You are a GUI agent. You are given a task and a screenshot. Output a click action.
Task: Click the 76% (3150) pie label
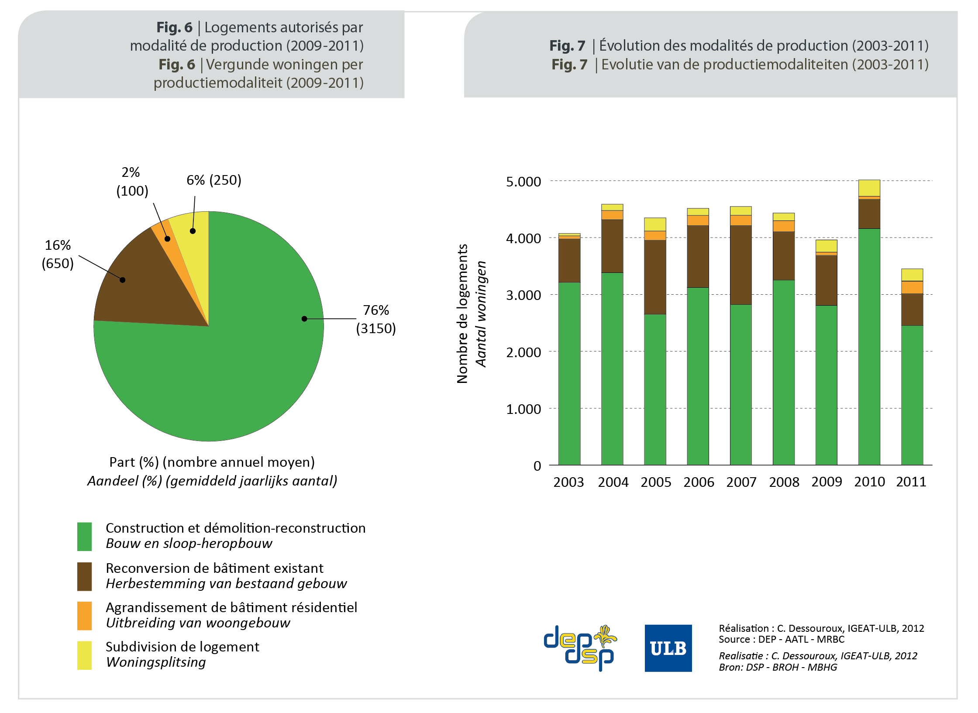pos(375,319)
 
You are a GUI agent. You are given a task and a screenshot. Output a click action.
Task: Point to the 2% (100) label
pos(132,182)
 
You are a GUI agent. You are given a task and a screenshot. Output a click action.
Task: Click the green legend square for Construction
pos(84,536)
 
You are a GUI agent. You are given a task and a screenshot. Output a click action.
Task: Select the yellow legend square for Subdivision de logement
pos(84,655)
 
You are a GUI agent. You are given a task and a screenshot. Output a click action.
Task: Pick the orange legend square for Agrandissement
pos(84,616)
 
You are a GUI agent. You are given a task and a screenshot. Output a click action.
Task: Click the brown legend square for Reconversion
pos(84,576)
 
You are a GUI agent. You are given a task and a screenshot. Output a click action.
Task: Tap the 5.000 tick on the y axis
pos(523,182)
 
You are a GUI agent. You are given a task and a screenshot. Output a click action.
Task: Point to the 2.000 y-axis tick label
pos(523,352)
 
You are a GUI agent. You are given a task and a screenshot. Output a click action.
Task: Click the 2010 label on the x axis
pos(869,482)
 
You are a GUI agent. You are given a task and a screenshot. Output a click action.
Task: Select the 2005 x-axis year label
pos(655,482)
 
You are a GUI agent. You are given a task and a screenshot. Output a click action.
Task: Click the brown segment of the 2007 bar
pos(740,265)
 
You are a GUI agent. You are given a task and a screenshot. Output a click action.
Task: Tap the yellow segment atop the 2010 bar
pos(869,188)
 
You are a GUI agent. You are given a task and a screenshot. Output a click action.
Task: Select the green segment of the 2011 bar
pos(912,395)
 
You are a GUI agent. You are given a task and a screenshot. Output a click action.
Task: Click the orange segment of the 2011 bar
pos(912,287)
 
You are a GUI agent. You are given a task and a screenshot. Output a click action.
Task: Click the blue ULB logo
pos(668,648)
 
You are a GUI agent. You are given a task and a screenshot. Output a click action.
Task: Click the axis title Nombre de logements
pos(462,313)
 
